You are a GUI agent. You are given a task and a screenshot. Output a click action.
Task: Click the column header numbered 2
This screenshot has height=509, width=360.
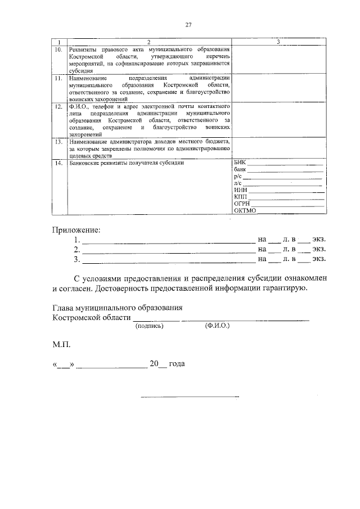pyautogui.click(x=148, y=43)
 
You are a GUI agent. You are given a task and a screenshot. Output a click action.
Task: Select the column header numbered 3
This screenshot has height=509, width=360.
pyautogui.click(x=278, y=43)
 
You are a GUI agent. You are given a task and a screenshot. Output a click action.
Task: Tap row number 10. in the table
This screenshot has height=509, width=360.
pyautogui.click(x=58, y=49)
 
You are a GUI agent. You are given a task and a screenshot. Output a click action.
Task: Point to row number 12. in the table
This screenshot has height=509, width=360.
pyautogui.click(x=58, y=106)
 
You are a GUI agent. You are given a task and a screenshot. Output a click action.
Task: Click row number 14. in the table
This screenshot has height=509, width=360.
pyautogui.click(x=58, y=163)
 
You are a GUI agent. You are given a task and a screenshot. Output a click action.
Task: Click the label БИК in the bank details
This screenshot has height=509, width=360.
pyautogui.click(x=240, y=163)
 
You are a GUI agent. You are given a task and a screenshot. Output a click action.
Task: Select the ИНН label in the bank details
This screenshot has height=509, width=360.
pyautogui.click(x=240, y=190)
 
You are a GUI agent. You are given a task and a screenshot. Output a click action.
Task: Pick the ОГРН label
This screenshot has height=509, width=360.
pyautogui.click(x=241, y=204)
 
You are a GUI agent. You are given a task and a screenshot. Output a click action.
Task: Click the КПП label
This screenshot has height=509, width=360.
pyautogui.click(x=240, y=197)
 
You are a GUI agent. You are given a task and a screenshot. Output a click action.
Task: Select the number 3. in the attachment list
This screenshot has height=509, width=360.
pyautogui.click(x=77, y=259)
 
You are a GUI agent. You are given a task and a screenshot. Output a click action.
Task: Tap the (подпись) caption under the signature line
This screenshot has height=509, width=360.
pyautogui.click(x=149, y=326)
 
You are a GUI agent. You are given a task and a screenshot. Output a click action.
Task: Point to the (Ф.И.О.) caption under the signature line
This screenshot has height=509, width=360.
pyautogui.click(x=217, y=326)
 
